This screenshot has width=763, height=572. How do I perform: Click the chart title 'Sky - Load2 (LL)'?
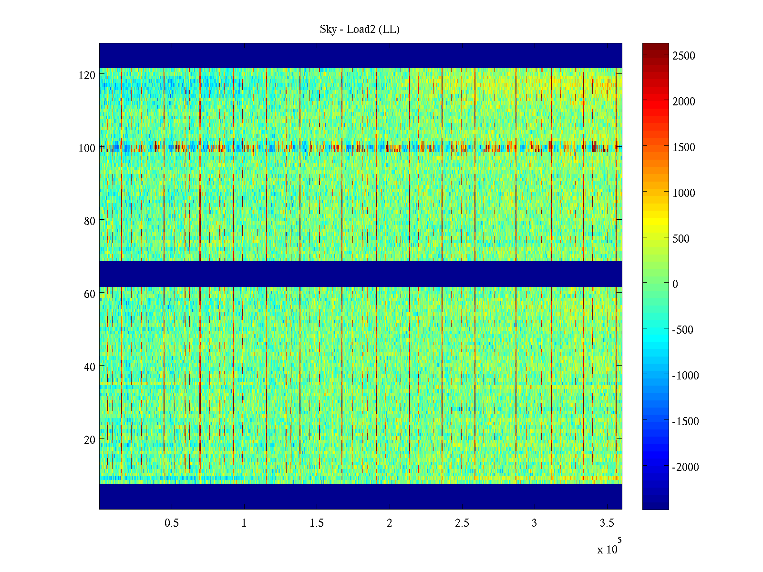(x=360, y=30)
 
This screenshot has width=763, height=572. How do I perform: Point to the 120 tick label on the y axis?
(x=87, y=75)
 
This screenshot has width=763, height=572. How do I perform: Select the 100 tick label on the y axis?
(x=87, y=148)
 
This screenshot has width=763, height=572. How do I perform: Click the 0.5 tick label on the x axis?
(x=172, y=523)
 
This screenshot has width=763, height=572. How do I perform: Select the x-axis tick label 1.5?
(x=317, y=523)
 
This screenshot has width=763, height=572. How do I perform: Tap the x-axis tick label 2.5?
(x=462, y=523)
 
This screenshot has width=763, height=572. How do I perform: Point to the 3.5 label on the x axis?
(x=607, y=523)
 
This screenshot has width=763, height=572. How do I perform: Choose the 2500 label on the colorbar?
(x=684, y=56)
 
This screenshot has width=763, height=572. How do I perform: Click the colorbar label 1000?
(x=684, y=193)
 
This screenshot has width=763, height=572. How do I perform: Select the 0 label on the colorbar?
(x=675, y=284)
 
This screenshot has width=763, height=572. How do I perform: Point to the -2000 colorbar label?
(x=685, y=467)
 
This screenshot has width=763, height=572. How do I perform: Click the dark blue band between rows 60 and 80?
(x=361, y=274)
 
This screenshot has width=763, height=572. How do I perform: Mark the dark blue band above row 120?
(x=361, y=55)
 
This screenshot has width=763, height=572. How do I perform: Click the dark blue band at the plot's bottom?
(x=361, y=497)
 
